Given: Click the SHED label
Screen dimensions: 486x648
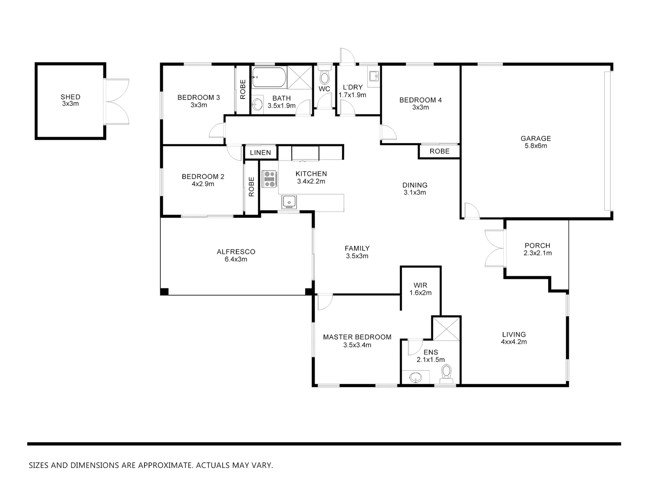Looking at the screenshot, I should tap(70, 97).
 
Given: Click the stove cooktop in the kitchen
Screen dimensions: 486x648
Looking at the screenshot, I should tap(270, 179).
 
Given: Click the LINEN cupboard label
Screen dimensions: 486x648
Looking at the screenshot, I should tap(261, 153).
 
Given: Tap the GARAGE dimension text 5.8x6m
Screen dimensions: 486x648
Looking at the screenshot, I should tap(535, 146).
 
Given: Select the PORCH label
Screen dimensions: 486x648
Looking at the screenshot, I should tap(537, 246).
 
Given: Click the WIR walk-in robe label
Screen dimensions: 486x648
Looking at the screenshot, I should tap(420, 285).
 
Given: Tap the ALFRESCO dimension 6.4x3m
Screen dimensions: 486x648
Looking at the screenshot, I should tap(236, 259).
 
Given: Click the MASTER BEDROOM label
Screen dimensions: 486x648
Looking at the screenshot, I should tap(357, 337).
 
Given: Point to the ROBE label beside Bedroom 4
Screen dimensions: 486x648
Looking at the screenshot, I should tap(439, 151).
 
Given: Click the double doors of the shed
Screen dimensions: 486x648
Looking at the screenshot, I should tap(116, 101).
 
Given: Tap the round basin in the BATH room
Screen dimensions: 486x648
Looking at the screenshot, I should tap(257, 105).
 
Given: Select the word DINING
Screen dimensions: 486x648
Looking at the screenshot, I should tap(414, 185).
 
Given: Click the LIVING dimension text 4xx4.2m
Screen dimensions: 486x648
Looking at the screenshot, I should tap(514, 342).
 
